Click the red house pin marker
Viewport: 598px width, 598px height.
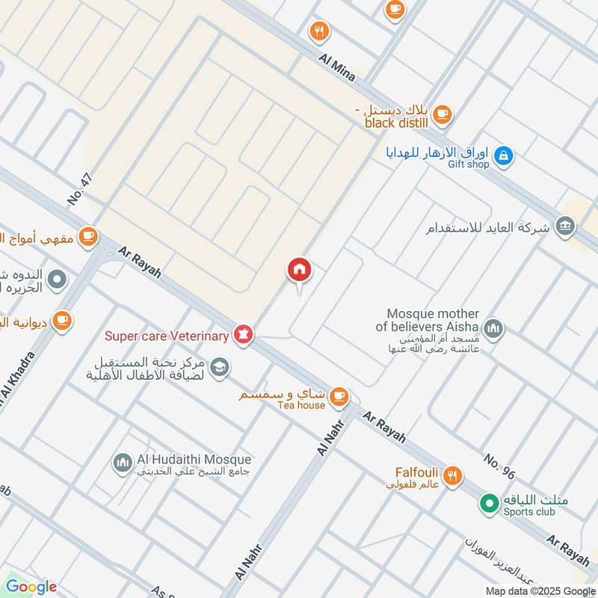299,270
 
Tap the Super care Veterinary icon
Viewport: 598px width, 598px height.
242,334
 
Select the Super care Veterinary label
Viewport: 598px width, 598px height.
167,336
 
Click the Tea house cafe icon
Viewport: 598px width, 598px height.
339,394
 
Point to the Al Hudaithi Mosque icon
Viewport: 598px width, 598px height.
123,464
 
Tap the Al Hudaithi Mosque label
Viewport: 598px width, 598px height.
194,460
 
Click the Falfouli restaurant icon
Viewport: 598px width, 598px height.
451,475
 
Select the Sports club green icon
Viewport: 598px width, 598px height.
490,504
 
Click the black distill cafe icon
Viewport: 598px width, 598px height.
443,114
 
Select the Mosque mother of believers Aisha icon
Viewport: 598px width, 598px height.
493,327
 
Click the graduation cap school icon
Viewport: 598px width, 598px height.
220,366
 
